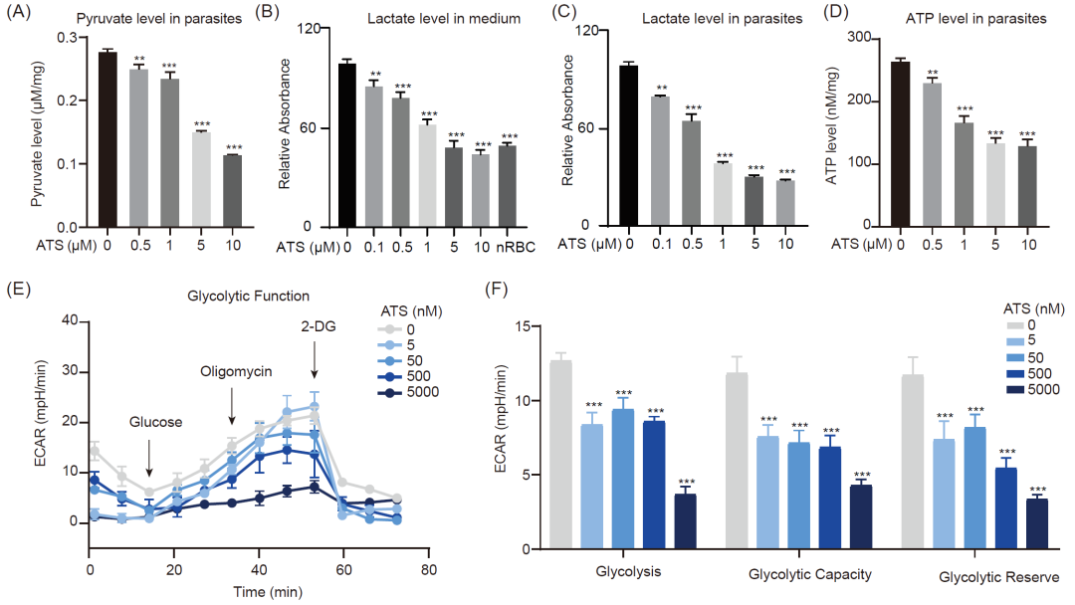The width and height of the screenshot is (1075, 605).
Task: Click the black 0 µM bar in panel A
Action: click(107, 139)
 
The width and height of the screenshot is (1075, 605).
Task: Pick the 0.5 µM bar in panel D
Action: click(932, 154)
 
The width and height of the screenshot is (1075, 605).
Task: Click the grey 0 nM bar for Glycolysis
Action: click(560, 454)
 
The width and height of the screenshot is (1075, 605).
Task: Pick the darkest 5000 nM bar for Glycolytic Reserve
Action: click(1037, 523)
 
